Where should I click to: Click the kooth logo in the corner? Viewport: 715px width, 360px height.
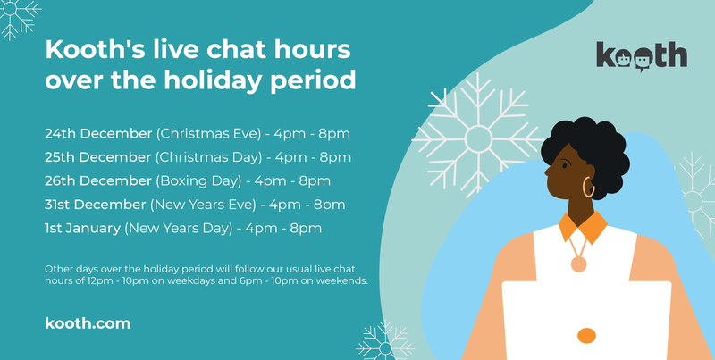(641, 56)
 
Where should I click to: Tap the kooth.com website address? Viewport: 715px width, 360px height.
(88, 323)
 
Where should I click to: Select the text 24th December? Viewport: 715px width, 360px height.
(98, 133)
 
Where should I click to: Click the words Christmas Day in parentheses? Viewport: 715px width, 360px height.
(208, 158)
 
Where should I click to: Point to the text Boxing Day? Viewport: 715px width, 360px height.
(198, 181)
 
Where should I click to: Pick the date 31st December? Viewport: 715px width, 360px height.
(96, 205)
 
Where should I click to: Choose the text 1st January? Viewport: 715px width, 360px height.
(82, 229)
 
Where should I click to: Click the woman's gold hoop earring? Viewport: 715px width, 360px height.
(588, 187)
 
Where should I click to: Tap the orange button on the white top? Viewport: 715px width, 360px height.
(586, 336)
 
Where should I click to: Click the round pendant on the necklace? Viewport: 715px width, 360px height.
(578, 264)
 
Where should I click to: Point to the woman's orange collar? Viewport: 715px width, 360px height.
(584, 227)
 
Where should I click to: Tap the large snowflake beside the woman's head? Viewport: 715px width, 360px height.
(477, 136)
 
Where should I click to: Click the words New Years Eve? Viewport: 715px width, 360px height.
(203, 205)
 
